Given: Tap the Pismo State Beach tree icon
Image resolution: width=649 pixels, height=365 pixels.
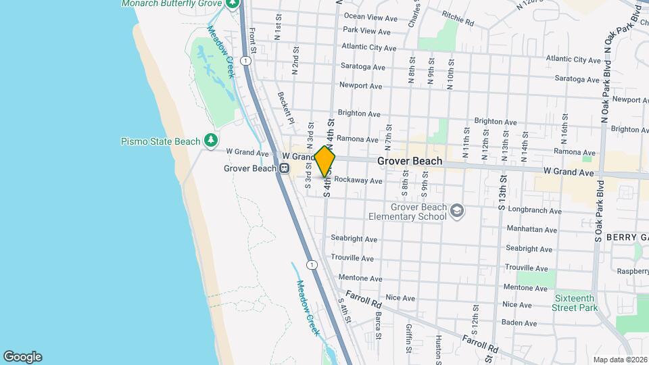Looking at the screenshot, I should [x=212, y=141].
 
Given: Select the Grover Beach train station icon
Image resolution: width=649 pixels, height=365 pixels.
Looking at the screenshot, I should [x=284, y=168].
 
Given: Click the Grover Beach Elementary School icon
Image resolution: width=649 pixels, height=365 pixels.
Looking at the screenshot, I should [x=458, y=212].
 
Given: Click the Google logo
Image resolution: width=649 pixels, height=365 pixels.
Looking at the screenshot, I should [x=22, y=357].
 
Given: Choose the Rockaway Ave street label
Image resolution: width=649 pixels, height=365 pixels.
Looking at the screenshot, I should [x=358, y=181].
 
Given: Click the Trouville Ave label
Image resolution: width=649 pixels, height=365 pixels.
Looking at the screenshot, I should [x=352, y=258].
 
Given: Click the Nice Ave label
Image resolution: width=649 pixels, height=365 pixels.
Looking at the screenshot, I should [x=400, y=298].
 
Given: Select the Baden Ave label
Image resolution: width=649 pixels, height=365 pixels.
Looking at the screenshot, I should [x=519, y=323].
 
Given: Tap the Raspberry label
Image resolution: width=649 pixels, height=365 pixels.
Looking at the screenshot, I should [x=631, y=271].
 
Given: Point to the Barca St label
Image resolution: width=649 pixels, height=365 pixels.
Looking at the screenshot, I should [x=378, y=325].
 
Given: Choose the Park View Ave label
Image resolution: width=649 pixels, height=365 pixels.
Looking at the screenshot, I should [x=366, y=31].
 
